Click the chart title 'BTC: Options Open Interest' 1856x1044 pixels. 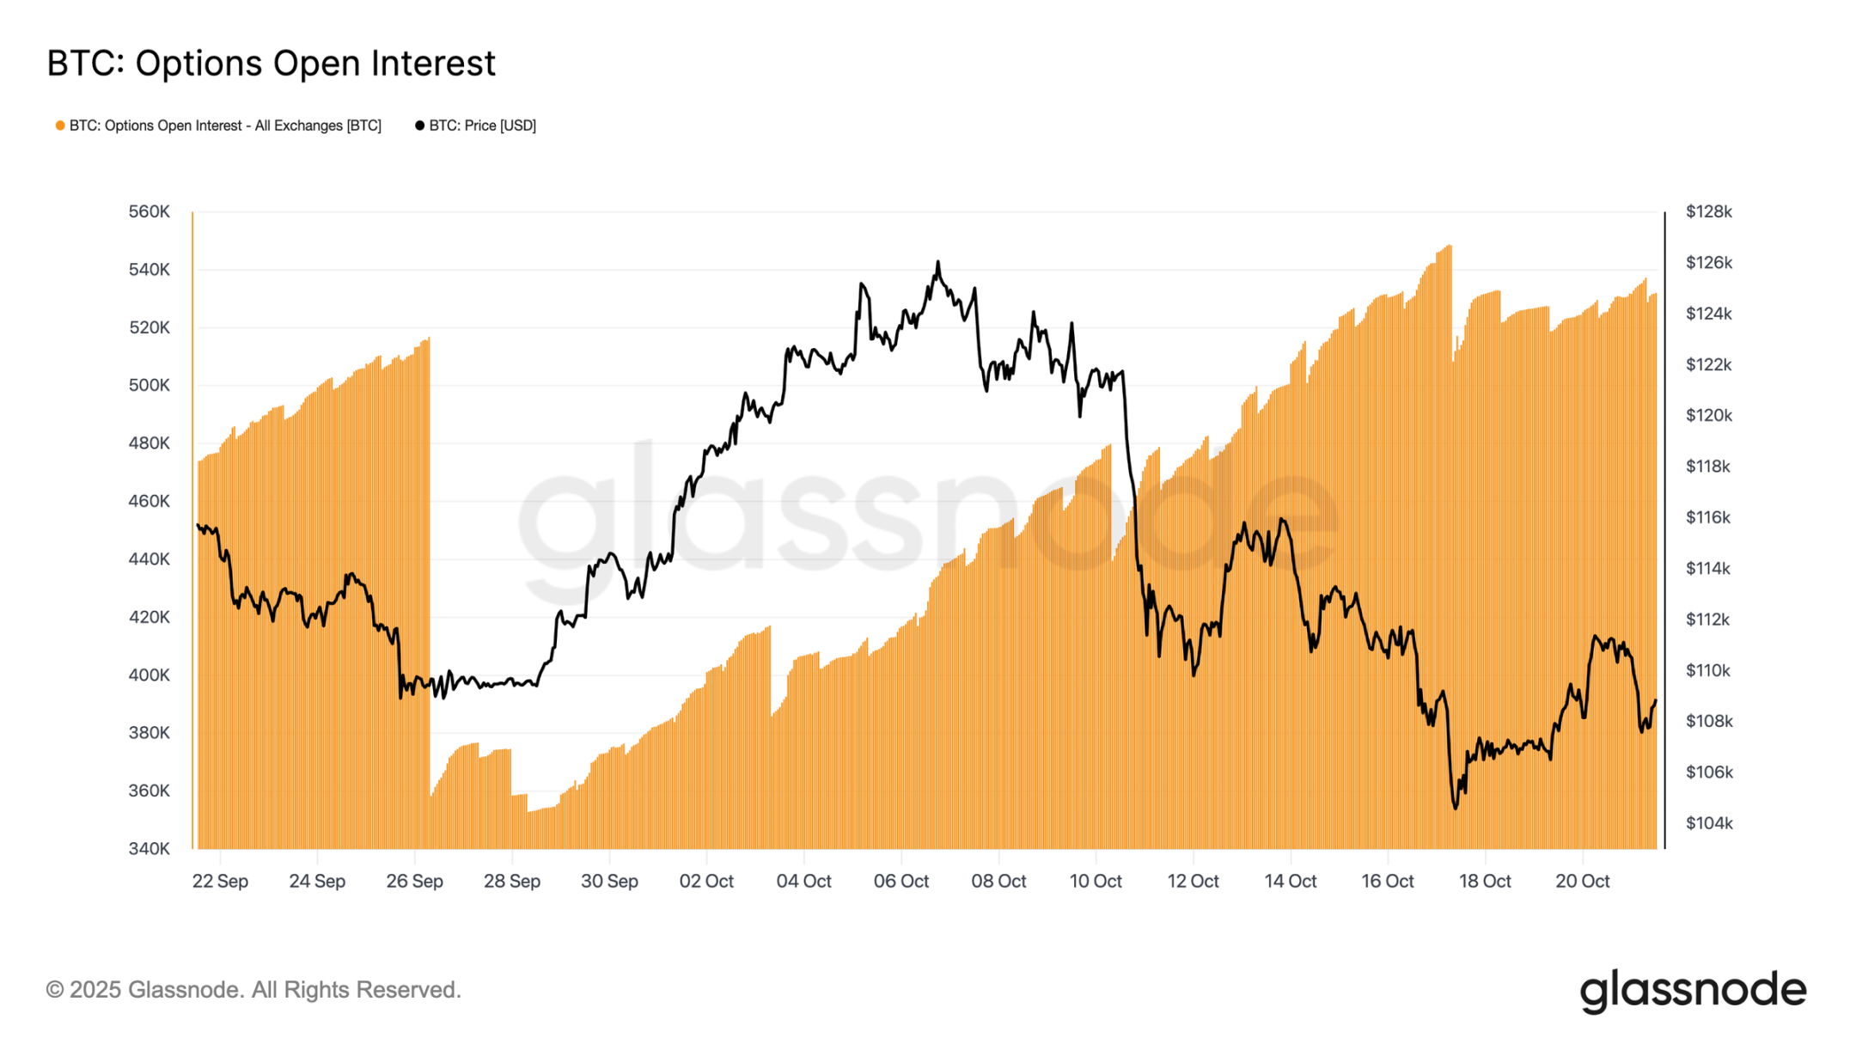pyautogui.click(x=271, y=64)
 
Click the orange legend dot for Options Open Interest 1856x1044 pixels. pyautogui.click(x=60, y=125)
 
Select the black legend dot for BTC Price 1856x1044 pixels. pyautogui.click(x=419, y=125)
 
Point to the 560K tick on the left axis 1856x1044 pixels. pyautogui.click(x=150, y=211)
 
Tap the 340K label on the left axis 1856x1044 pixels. pyautogui.click(x=150, y=848)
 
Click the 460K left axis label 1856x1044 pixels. pyautogui.click(x=150, y=501)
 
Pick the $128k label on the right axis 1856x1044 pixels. pyautogui.click(x=1708, y=211)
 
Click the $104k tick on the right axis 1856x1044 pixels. pyautogui.click(x=1708, y=823)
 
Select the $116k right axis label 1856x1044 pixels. pyautogui.click(x=1708, y=517)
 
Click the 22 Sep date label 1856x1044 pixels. pyautogui.click(x=220, y=881)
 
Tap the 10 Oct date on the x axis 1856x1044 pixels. pyautogui.click(x=1096, y=881)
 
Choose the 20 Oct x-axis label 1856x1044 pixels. pyautogui.click(x=1582, y=881)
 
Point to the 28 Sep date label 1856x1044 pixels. pyautogui.click(x=512, y=881)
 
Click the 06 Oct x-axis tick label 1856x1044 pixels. pyautogui.click(x=901, y=881)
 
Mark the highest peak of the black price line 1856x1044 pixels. pyautogui.click(x=937, y=262)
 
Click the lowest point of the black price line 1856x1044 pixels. pyautogui.click(x=1455, y=808)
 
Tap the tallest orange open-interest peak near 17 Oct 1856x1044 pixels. pyautogui.click(x=1450, y=247)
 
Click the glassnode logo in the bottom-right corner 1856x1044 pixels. pyautogui.click(x=1693, y=990)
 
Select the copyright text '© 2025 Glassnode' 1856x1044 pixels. pyautogui.click(x=253, y=990)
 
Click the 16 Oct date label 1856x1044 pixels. pyautogui.click(x=1387, y=881)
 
